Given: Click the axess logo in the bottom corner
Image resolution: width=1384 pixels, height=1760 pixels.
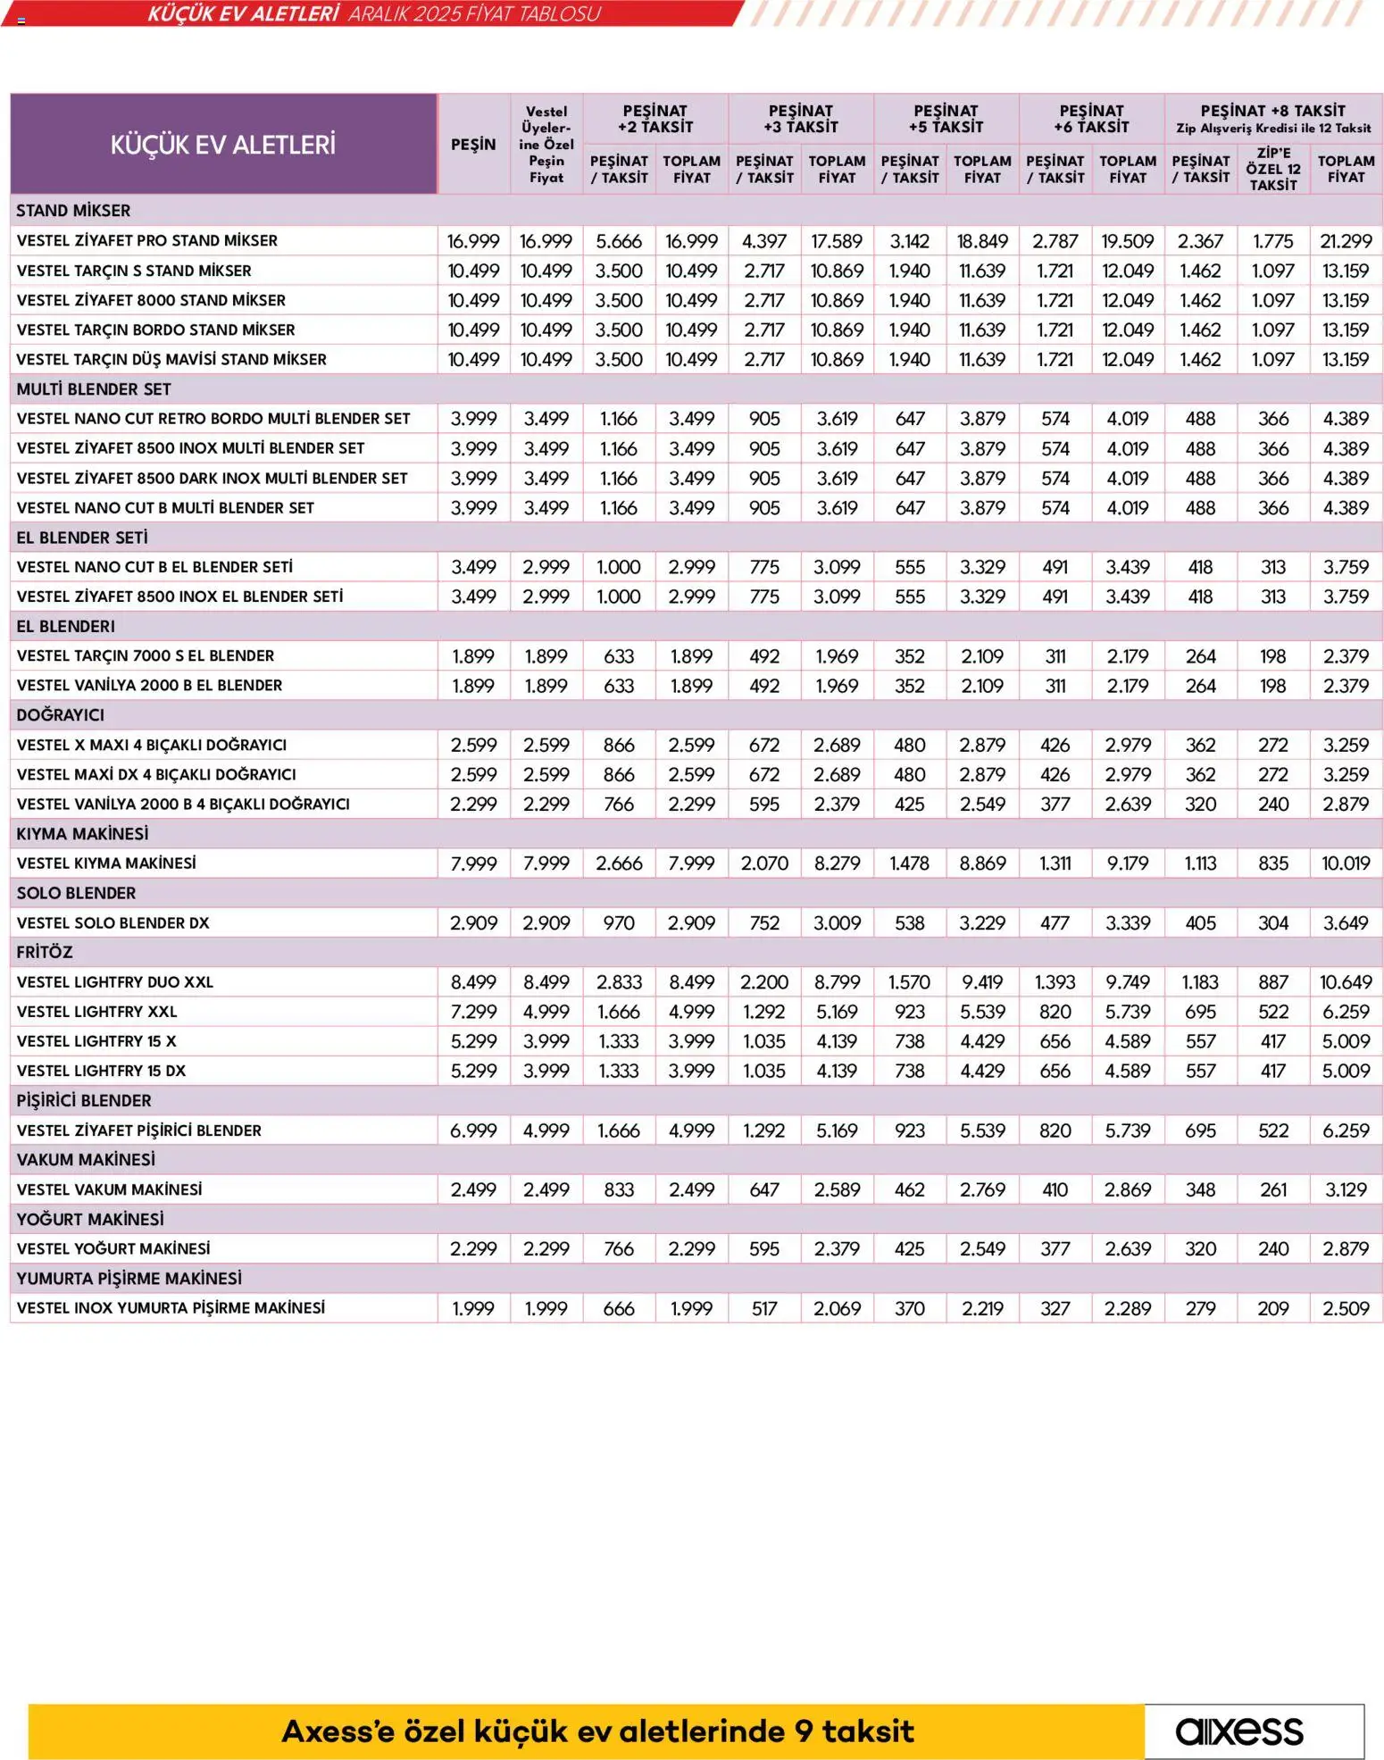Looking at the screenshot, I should [x=1239, y=1731].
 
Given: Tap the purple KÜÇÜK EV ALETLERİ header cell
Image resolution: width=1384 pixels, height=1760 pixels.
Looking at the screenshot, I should [x=223, y=145].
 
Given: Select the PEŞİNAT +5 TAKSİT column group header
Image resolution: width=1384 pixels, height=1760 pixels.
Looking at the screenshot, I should [x=946, y=119].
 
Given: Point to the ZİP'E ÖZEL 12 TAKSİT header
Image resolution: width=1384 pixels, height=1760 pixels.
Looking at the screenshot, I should [x=1273, y=169].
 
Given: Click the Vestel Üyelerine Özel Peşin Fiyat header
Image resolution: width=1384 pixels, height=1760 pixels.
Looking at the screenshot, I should [x=546, y=145].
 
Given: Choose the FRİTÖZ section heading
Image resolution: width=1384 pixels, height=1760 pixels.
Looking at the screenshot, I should [x=45, y=952].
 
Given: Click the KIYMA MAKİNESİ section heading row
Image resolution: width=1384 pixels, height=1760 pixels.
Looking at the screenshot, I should [x=82, y=833].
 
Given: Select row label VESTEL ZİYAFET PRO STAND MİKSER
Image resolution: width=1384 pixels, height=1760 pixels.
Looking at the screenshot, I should [x=146, y=240].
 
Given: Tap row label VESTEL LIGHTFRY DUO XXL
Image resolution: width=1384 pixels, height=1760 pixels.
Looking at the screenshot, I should [x=115, y=981].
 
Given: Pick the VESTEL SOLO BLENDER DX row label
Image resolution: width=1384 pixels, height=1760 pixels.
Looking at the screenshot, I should [x=113, y=922].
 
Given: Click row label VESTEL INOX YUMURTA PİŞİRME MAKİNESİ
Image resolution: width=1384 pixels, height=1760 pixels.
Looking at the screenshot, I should [x=171, y=1307].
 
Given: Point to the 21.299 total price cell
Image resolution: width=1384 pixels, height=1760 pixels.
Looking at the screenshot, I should [x=1346, y=241].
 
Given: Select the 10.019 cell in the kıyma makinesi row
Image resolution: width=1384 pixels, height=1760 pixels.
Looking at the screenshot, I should [x=1346, y=863].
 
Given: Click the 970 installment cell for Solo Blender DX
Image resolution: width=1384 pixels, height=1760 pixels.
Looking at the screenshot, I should [x=619, y=922].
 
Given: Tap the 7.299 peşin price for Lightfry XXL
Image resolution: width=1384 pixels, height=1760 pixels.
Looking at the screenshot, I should [x=473, y=1012].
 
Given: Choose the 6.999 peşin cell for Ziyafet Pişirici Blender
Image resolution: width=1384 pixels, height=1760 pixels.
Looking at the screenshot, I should [x=473, y=1130].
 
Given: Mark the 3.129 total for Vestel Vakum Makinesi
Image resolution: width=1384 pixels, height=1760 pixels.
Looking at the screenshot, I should [x=1346, y=1189].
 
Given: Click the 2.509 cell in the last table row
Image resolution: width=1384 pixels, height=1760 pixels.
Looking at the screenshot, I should [x=1346, y=1308].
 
